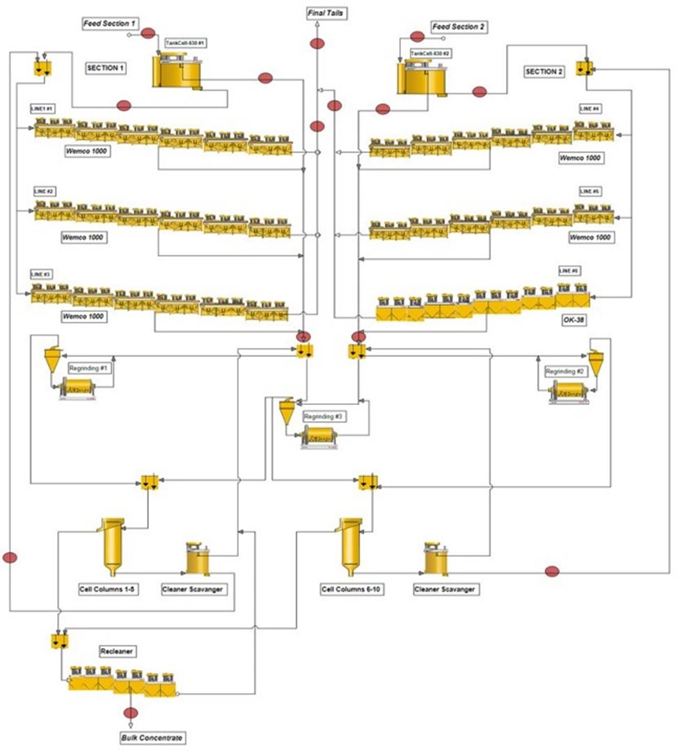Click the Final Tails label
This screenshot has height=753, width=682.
click(326, 13)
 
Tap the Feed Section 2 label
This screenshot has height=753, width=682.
click(459, 27)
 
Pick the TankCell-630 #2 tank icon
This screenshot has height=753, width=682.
click(422, 77)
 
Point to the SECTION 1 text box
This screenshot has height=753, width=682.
click(106, 68)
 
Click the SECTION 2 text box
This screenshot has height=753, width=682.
click(545, 72)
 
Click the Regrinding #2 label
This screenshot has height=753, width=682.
click(564, 370)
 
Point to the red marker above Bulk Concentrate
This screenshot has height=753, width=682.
click(130, 713)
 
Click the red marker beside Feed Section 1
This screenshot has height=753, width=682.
click(148, 33)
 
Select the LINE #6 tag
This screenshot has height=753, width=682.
click(569, 270)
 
